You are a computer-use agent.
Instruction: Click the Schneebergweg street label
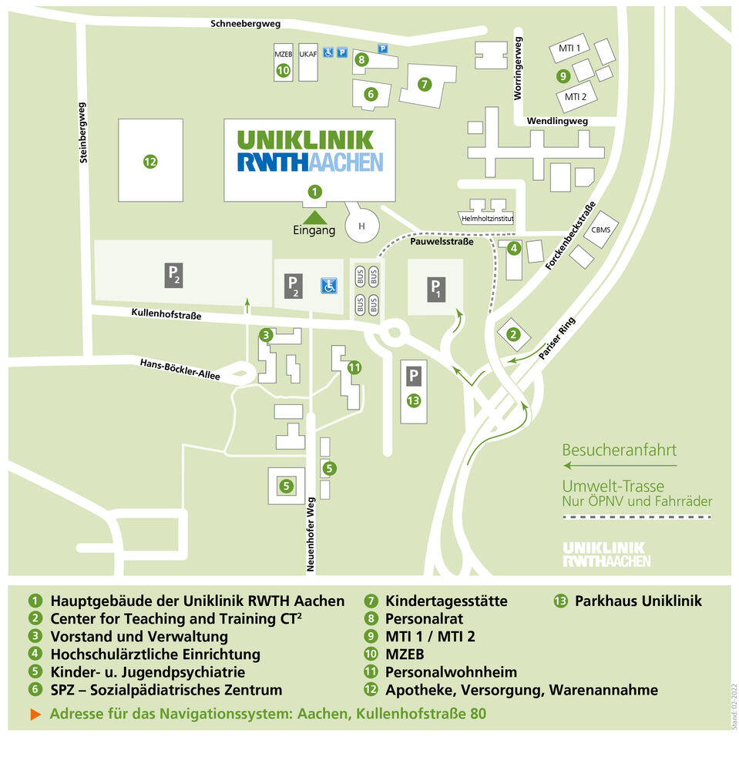[245, 24]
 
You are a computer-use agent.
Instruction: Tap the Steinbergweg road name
[82, 132]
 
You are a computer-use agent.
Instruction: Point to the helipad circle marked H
[362, 226]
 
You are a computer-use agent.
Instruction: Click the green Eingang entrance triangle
[314, 217]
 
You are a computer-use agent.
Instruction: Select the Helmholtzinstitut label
[487, 219]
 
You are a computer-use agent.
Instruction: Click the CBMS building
[600, 229]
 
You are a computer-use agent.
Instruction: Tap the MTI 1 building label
[569, 48]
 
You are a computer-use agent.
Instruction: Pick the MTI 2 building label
[576, 97]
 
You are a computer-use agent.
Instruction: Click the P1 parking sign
[435, 289]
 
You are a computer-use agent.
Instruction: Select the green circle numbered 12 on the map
[150, 161]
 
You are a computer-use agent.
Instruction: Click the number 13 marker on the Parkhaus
[414, 400]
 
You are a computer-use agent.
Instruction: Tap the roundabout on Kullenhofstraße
[394, 333]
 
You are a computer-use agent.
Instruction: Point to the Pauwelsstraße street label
[442, 241]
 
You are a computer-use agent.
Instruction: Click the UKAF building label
[308, 54]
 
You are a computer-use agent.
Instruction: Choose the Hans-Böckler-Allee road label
[180, 369]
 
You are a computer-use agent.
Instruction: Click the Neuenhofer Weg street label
[311, 534]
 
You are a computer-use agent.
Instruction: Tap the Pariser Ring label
[556, 338]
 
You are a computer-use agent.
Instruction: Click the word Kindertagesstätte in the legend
[446, 601]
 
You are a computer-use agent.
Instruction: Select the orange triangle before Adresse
[35, 714]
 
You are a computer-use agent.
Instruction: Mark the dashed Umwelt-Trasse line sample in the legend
[637, 517]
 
